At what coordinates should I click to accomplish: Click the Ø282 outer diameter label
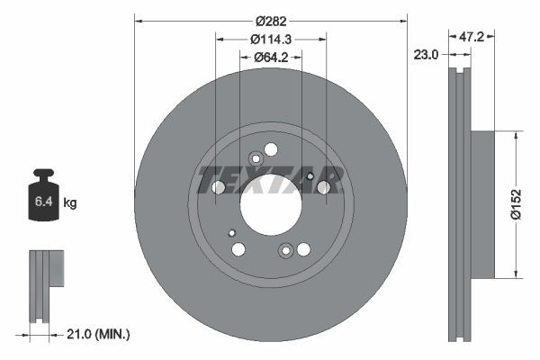[x=270, y=21]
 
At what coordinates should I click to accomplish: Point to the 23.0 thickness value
[x=427, y=55]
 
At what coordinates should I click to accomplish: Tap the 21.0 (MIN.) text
[x=100, y=334]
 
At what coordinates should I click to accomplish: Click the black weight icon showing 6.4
[x=44, y=194]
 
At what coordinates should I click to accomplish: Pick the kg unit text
[x=70, y=203]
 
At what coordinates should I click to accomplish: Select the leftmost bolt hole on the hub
[x=217, y=187]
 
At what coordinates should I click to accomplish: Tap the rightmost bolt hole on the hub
[x=324, y=187]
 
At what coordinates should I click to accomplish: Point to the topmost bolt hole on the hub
[x=271, y=149]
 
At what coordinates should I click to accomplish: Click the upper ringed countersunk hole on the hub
[x=256, y=159]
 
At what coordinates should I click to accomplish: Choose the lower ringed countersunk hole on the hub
[x=286, y=251]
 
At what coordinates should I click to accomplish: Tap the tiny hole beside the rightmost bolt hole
[x=310, y=177]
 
